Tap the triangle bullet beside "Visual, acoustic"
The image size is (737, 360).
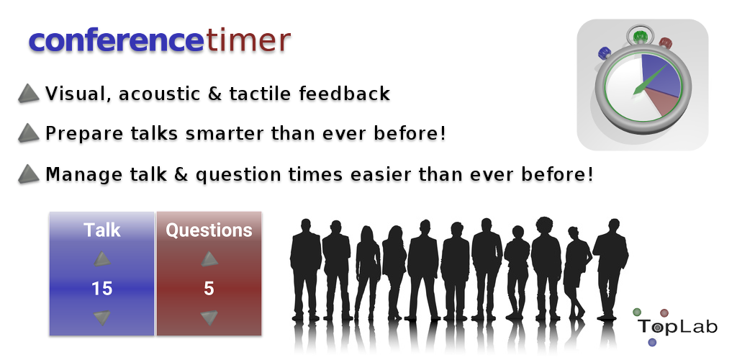tap(29, 93)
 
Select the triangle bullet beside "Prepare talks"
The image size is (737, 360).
tap(29, 133)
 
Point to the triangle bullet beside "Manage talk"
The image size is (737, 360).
tap(29, 174)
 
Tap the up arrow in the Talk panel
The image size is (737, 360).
tap(102, 259)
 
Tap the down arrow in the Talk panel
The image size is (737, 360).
tap(102, 318)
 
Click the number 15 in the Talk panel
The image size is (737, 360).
tap(102, 288)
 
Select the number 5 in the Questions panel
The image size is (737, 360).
tap(209, 288)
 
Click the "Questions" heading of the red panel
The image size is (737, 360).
tap(209, 230)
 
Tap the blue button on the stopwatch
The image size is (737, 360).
tap(603, 52)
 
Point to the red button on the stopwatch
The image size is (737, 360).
tap(666, 43)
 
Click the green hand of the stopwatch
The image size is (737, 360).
tap(651, 79)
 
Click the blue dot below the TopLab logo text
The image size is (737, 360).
tap(652, 342)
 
